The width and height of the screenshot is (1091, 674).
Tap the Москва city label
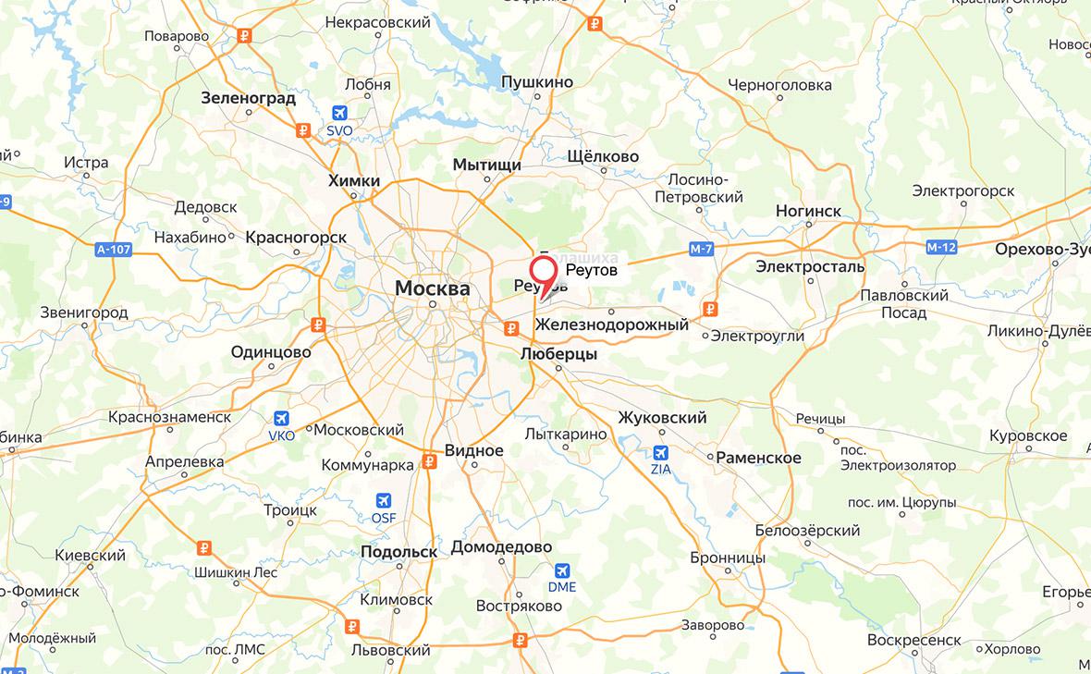[432, 288]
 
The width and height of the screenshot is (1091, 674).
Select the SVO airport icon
[339, 113]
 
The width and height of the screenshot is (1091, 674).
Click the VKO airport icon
[281, 418]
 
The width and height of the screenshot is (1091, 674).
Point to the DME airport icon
[561, 570]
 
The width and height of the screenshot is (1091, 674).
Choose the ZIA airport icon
[660, 452]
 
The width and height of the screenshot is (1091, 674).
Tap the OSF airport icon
[383, 500]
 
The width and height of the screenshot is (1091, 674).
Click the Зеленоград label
[248, 97]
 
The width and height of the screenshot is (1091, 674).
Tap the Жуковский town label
[662, 418]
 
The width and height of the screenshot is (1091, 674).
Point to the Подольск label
[398, 551]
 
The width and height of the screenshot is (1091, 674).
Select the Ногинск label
[809, 211]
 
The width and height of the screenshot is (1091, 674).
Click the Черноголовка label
[779, 85]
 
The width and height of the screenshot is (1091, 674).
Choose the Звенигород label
[84, 312]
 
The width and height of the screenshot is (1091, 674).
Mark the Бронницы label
[728, 558]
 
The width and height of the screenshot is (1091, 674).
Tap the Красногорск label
[296, 238]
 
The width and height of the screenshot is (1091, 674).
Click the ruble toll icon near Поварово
[244, 37]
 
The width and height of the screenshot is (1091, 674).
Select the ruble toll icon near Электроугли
[710, 309]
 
